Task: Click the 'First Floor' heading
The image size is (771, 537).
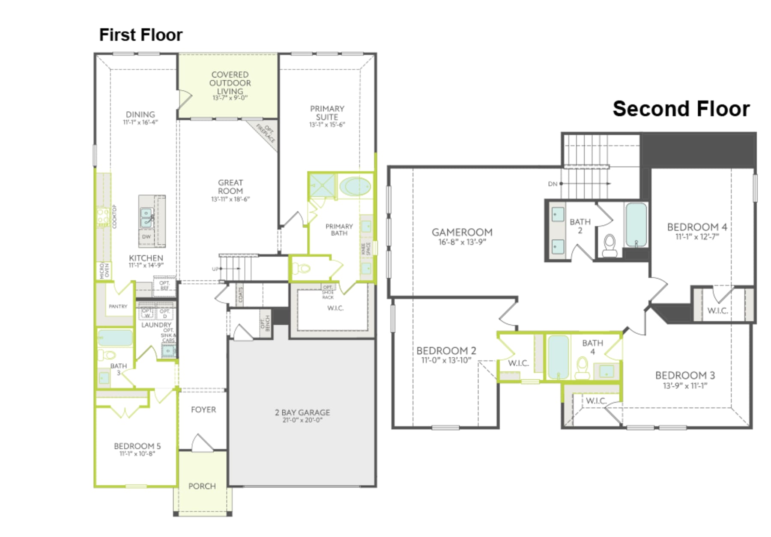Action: pyautogui.click(x=140, y=35)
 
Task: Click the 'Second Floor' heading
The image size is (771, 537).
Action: pyautogui.click(x=681, y=109)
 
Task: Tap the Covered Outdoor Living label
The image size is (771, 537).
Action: pyautogui.click(x=230, y=83)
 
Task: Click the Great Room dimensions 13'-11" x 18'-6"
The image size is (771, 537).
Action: pyautogui.click(x=230, y=199)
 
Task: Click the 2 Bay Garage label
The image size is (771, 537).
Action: pyautogui.click(x=302, y=412)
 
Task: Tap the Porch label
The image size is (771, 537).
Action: pyautogui.click(x=202, y=486)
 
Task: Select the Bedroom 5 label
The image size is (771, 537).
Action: pyautogui.click(x=137, y=446)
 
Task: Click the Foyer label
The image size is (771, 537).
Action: pyautogui.click(x=203, y=409)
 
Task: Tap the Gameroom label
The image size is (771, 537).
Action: pyautogui.click(x=462, y=232)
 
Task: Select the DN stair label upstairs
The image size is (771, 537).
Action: pyautogui.click(x=553, y=184)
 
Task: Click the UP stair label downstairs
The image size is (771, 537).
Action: pyautogui.click(x=215, y=269)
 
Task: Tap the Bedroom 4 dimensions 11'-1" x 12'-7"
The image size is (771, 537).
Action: pyautogui.click(x=697, y=237)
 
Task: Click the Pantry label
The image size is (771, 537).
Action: pyautogui.click(x=118, y=306)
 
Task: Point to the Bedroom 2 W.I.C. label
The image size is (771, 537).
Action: pyautogui.click(x=518, y=363)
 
